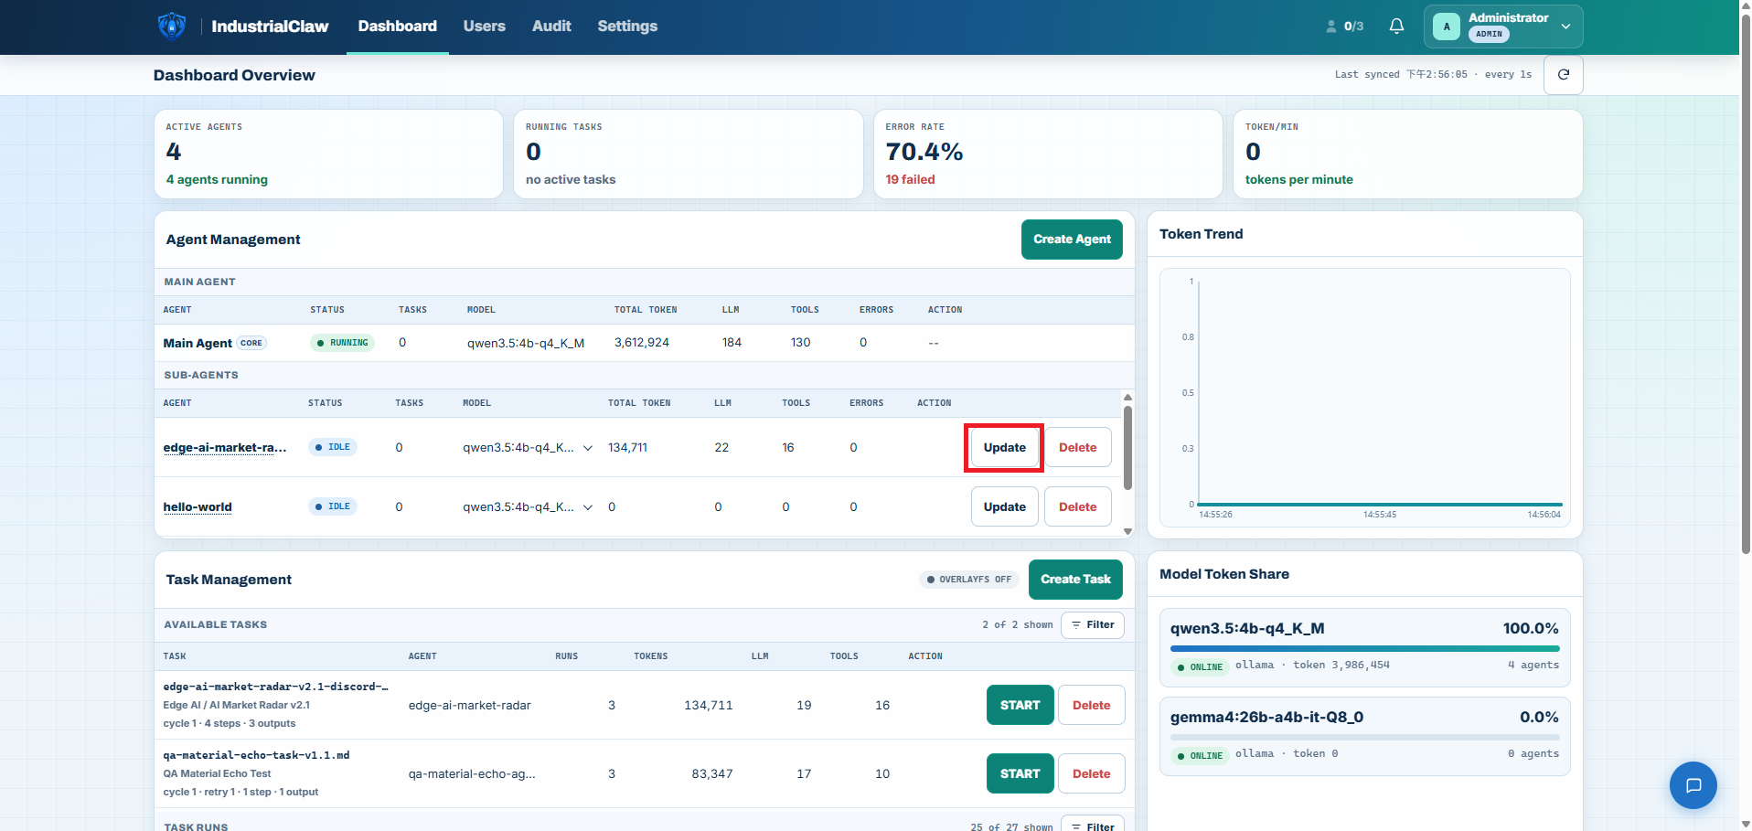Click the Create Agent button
click(x=1072, y=240)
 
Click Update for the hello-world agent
click(x=1004, y=506)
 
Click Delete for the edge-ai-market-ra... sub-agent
click(x=1077, y=448)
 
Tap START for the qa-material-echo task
click(x=1020, y=773)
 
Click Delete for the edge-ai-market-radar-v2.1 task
click(x=1091, y=705)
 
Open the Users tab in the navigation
click(x=484, y=26)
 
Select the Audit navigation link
click(x=551, y=26)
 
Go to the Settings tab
click(x=627, y=26)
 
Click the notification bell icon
click(x=1396, y=27)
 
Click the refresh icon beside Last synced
click(x=1563, y=75)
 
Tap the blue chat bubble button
click(x=1693, y=785)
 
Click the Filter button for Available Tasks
click(x=1093, y=625)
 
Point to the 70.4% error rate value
click(x=924, y=152)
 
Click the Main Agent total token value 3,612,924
click(x=641, y=343)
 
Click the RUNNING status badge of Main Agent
click(x=343, y=343)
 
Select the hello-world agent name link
click(x=198, y=507)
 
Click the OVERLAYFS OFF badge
click(x=969, y=580)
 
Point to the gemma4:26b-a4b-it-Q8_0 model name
click(x=1266, y=718)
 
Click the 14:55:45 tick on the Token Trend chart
click(x=1379, y=515)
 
